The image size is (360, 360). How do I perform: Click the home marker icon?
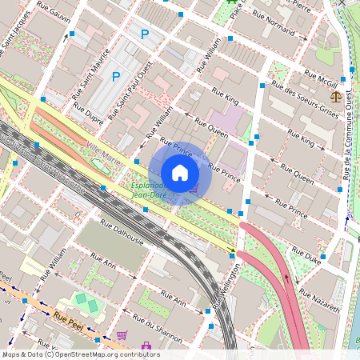coord(180,173)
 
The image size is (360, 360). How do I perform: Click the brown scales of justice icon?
coord(334,95)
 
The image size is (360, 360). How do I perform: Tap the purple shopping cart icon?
coord(122,334)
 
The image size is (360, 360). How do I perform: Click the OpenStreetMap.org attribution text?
coord(80,354)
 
